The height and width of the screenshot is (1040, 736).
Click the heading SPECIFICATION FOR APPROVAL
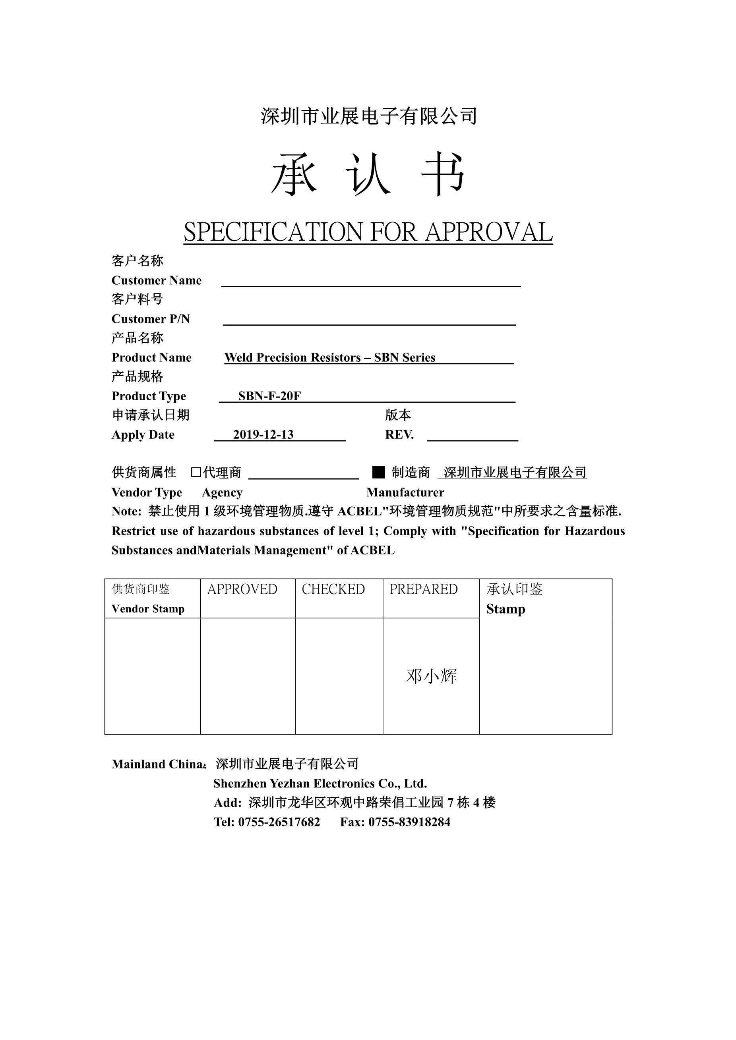[368, 232]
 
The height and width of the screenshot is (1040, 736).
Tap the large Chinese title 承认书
[368, 174]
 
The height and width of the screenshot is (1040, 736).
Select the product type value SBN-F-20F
[270, 396]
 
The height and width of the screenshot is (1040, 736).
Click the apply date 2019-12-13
[263, 435]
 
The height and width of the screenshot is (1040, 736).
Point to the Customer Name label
[156, 280]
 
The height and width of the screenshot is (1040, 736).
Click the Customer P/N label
[151, 319]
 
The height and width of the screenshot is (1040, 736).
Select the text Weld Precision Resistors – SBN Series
[330, 358]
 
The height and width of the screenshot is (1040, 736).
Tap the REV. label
[399, 435]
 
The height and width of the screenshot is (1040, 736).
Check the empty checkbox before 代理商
[196, 473]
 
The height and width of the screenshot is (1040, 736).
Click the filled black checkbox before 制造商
[378, 473]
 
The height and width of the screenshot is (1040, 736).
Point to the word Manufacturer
[405, 492]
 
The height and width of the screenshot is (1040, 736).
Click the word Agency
[222, 492]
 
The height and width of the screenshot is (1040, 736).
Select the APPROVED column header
[242, 589]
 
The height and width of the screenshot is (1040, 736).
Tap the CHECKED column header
[333, 589]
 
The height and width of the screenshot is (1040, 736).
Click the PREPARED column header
[423, 589]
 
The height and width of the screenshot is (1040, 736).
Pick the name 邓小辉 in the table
[431, 676]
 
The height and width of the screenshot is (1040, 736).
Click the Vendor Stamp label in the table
[148, 609]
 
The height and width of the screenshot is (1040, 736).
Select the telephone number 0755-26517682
[279, 822]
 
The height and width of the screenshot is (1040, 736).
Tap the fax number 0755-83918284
[409, 822]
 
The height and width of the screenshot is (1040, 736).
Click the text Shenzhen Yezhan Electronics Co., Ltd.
[320, 783]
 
